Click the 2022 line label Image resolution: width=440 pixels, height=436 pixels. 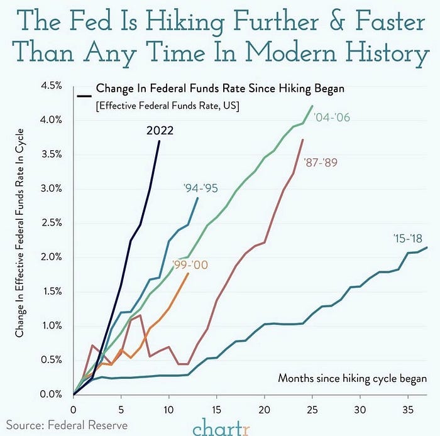pyautogui.click(x=160, y=131)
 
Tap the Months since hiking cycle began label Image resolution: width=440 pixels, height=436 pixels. pyautogui.click(x=352, y=379)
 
